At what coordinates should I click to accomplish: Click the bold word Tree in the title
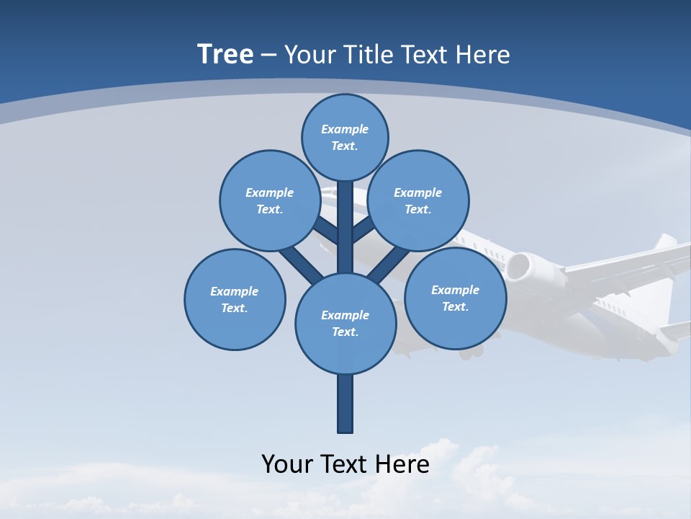(x=225, y=54)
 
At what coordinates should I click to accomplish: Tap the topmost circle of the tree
(x=345, y=137)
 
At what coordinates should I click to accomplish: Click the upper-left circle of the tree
(x=269, y=200)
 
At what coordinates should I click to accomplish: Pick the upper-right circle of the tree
(x=417, y=200)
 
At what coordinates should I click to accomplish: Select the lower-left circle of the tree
(x=235, y=299)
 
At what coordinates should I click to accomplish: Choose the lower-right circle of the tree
(x=455, y=298)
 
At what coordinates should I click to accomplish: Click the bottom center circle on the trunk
(x=345, y=324)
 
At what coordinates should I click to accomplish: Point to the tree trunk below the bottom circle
(x=345, y=404)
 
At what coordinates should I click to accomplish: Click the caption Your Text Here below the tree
(x=345, y=463)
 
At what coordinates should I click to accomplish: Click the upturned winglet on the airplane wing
(x=665, y=241)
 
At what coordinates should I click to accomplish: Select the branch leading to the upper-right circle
(x=364, y=230)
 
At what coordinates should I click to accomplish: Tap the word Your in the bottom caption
(x=286, y=463)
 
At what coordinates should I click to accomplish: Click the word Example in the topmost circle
(x=345, y=129)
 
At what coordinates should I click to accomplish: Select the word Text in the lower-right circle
(x=455, y=306)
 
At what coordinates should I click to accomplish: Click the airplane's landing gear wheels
(x=471, y=352)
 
